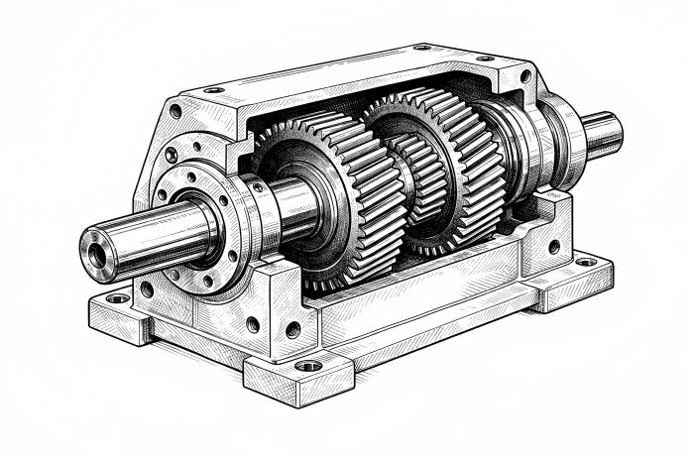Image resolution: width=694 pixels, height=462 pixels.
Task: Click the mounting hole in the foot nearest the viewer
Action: [308, 366]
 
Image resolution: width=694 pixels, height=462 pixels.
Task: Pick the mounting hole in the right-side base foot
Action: [586, 263]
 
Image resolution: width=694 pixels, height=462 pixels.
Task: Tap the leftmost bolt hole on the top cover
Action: [214, 90]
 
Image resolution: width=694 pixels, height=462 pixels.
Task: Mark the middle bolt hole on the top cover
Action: [421, 47]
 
